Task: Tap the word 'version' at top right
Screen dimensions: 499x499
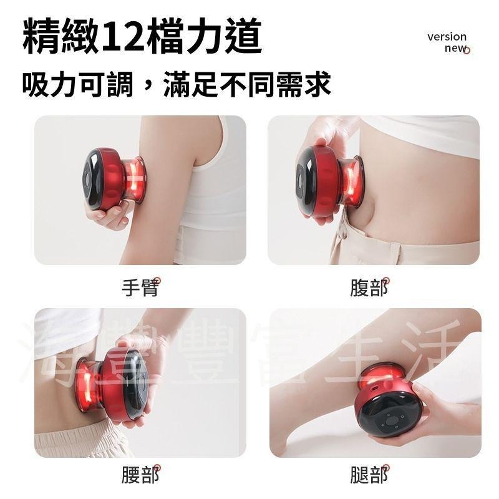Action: click(x=447, y=36)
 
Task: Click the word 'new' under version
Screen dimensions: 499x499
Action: click(x=455, y=49)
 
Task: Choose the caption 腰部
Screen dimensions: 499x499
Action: click(x=140, y=475)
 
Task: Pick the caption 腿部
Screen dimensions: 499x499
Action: click(x=369, y=475)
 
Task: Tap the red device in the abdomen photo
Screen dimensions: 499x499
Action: click(x=327, y=181)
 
